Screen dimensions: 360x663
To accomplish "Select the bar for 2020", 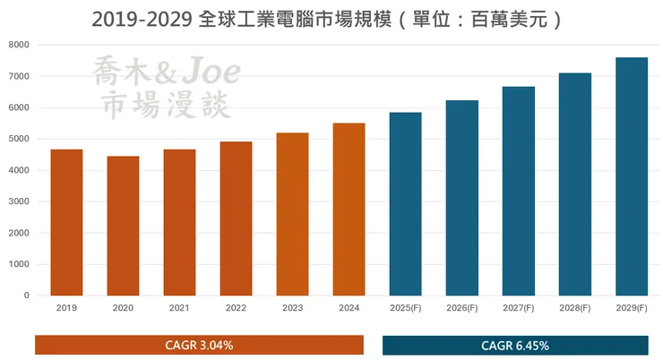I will point(123,226).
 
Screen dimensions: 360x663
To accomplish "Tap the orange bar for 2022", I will point(236,219).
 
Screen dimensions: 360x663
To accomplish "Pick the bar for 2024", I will point(349,210).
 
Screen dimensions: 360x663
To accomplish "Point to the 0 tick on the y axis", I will point(26,296).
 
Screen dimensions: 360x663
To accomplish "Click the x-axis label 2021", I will point(179,308).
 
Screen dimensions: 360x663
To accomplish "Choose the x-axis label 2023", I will point(292,308).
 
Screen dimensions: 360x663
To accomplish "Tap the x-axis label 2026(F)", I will point(461,308).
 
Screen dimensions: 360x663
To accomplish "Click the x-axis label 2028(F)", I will point(574,308).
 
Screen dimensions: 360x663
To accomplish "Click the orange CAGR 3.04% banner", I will point(199,345).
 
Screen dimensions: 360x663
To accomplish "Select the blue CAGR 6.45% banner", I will point(515,345).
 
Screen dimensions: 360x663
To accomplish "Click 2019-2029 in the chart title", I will point(143,18).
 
